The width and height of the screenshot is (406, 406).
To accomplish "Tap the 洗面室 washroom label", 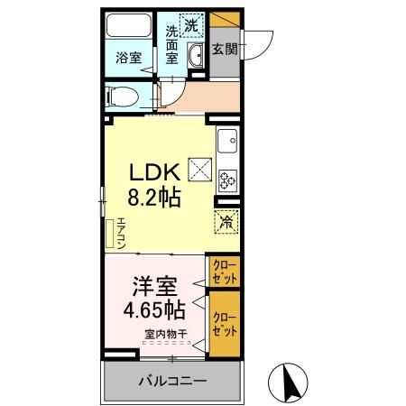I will click(x=171, y=43).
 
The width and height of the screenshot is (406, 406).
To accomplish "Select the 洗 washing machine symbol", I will click(x=191, y=25).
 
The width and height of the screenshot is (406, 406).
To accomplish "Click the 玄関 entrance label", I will click(x=225, y=51).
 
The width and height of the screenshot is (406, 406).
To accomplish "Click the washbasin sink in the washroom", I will click(x=197, y=56).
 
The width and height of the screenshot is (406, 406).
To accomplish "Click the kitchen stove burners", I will click(x=226, y=180).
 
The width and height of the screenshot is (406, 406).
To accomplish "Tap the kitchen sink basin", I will click(x=226, y=141).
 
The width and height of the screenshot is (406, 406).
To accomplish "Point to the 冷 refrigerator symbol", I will click(x=226, y=219).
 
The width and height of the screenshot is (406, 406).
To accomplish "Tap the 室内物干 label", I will click(x=165, y=335).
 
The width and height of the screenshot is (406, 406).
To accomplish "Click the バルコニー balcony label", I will click(x=172, y=382).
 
